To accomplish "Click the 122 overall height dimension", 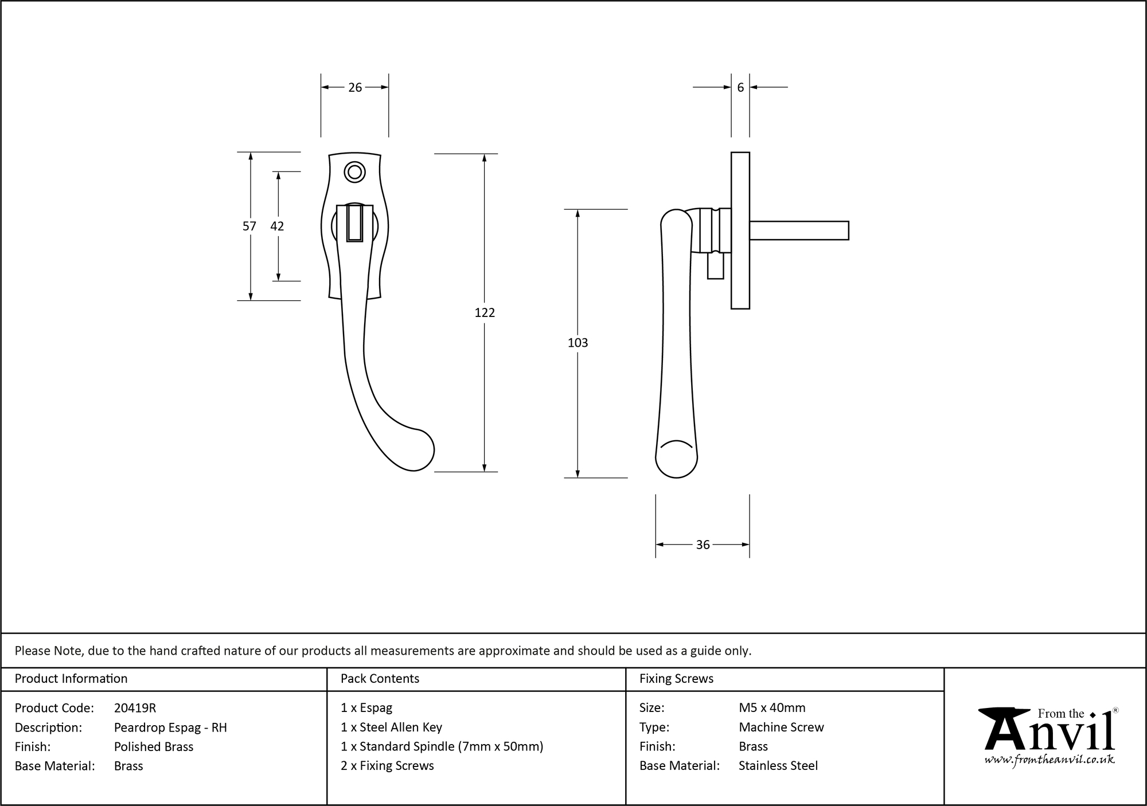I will [485, 312].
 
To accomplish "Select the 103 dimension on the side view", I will [578, 343].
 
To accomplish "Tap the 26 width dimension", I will [355, 87].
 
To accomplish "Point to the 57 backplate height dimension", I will [249, 226].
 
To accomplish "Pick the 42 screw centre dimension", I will [277, 226].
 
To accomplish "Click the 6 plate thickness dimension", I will [740, 87].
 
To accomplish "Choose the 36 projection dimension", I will [703, 545].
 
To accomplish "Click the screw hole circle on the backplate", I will [354, 172].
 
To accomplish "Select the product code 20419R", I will [135, 708].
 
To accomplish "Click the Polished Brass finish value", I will [154, 746].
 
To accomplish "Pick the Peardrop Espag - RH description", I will [170, 727].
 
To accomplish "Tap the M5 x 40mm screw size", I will [772, 708].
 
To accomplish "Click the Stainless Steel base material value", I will [778, 765].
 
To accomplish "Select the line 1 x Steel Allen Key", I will [391, 727].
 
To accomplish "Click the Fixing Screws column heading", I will [676, 679].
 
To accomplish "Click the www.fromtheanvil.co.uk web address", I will [1050, 760].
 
